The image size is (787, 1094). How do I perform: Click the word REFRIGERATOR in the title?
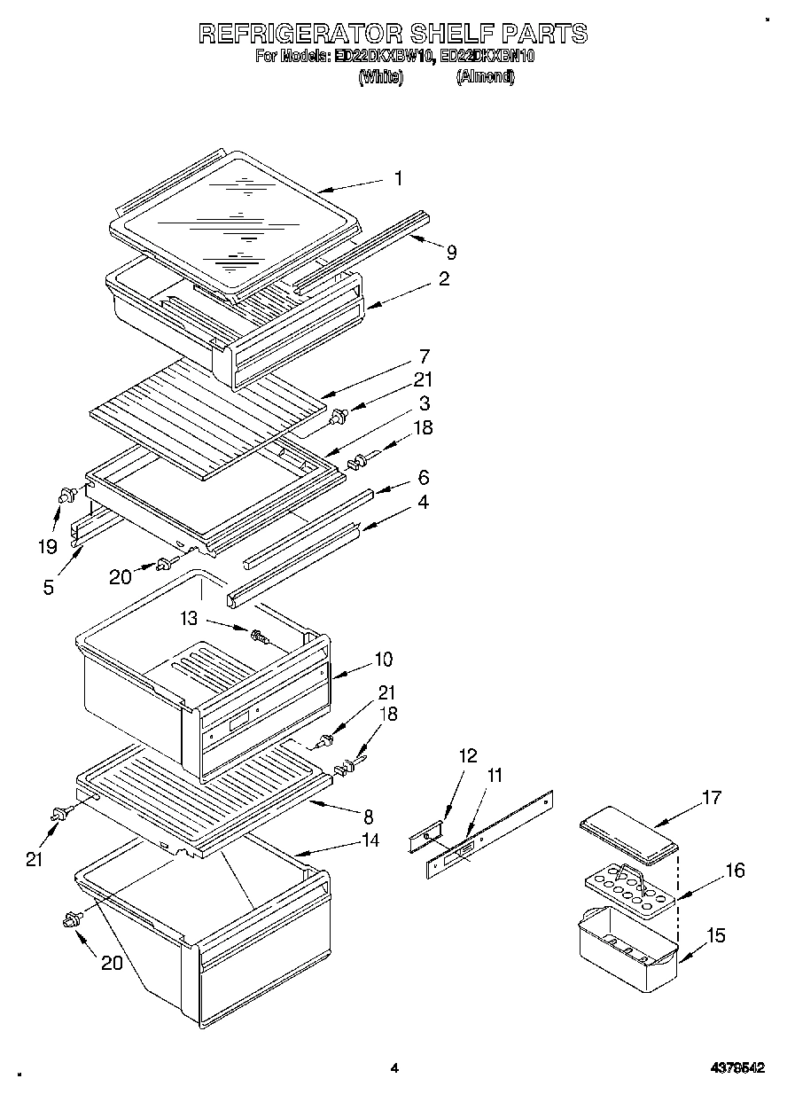pyautogui.click(x=298, y=34)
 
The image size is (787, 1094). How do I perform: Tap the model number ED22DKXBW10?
pyautogui.click(x=383, y=57)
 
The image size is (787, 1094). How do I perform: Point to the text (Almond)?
pyautogui.click(x=485, y=77)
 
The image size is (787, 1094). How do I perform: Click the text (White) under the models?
pyautogui.click(x=381, y=77)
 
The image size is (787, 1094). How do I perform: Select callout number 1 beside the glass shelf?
pyautogui.click(x=398, y=178)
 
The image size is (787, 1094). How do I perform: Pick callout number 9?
pyautogui.click(x=451, y=252)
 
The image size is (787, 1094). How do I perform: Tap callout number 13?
pyautogui.click(x=188, y=618)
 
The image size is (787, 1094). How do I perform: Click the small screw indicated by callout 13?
pyautogui.click(x=259, y=636)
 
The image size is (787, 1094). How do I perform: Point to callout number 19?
pyautogui.click(x=46, y=546)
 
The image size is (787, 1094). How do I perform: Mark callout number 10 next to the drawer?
pyautogui.click(x=382, y=660)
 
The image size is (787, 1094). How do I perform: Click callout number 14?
pyautogui.click(x=370, y=840)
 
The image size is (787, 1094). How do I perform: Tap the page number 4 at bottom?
pyautogui.click(x=394, y=1069)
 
